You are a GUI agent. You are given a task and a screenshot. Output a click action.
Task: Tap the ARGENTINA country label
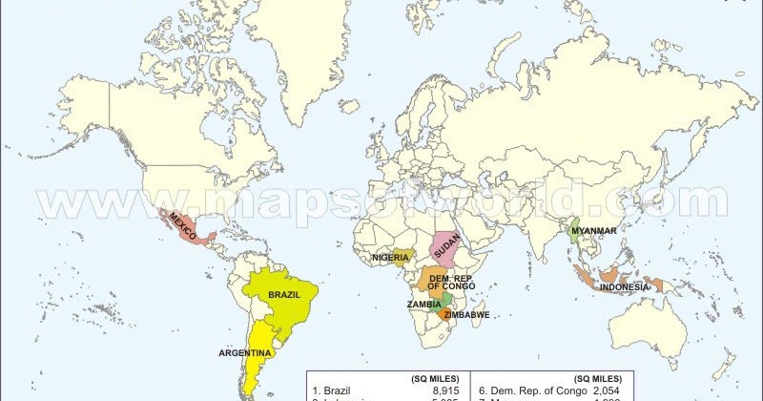246,352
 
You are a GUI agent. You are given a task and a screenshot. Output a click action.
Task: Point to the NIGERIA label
390,257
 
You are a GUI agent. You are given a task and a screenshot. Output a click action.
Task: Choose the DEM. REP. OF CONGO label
450,282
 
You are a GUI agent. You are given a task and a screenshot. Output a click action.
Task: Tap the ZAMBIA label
423,305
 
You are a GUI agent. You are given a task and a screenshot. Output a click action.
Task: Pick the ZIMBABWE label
466,314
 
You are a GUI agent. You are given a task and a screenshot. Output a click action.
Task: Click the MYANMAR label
593,230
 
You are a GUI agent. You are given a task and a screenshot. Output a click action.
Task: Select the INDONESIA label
625,287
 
